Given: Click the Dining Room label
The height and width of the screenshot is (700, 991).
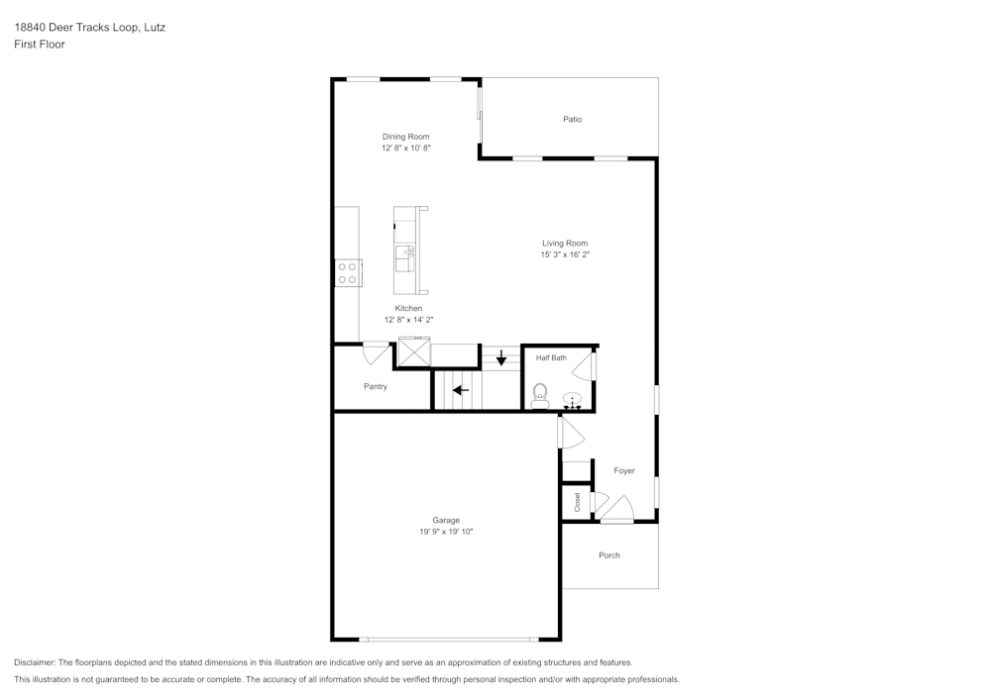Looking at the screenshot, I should click(406, 137).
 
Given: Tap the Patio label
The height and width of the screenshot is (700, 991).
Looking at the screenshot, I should click(572, 120).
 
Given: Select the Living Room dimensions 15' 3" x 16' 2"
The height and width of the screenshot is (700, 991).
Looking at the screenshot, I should click(564, 254).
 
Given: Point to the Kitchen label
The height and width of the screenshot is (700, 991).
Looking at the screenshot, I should click(408, 308).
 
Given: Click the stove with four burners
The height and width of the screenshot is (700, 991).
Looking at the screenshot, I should click(348, 273).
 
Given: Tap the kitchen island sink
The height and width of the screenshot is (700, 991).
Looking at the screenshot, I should click(405, 258).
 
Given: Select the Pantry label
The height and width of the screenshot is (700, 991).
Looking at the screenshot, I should click(376, 386).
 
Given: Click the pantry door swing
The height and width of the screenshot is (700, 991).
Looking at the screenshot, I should click(376, 350).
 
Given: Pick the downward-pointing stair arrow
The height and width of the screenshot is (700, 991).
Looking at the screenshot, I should click(501, 357).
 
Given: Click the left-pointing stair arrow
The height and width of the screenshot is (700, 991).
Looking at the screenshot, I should click(461, 390).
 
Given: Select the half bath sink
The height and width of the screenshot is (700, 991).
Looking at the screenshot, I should click(573, 401).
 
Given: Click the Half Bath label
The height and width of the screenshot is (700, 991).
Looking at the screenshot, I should click(551, 357).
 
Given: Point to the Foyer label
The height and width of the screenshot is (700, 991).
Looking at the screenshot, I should click(624, 470).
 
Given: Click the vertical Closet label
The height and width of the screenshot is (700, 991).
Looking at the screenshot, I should click(577, 502).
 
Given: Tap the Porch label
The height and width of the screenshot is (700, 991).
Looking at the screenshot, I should click(609, 555).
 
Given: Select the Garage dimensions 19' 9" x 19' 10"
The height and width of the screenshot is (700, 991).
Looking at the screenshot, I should click(446, 532).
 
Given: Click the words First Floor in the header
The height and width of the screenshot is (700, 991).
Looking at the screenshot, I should click(40, 45).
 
